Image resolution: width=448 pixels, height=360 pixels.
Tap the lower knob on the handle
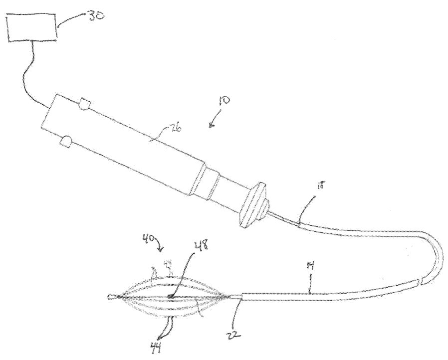[x=64, y=142]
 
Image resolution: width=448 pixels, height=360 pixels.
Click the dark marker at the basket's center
[x=171, y=296]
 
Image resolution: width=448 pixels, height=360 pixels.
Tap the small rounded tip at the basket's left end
[x=109, y=298]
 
